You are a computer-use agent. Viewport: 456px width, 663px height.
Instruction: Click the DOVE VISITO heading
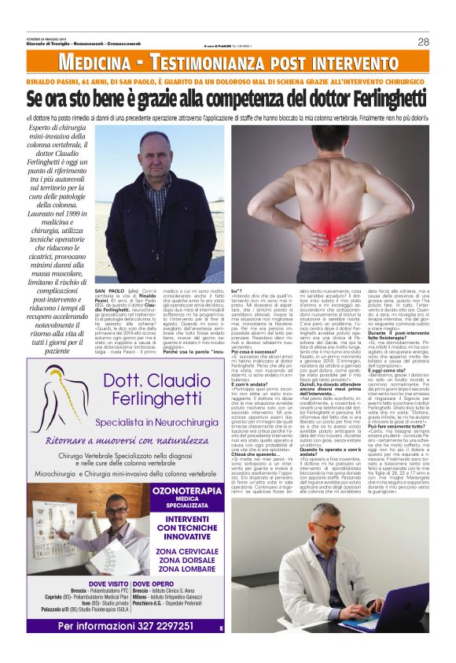pyautogui.click(x=98, y=583)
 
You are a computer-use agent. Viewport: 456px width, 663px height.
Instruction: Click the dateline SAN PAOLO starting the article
pyautogui.click(x=108, y=291)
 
